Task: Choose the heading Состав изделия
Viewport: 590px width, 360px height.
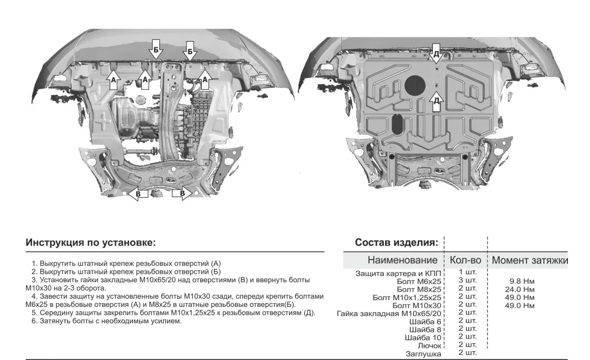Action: click(x=396, y=243)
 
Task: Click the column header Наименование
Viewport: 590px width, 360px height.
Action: click(x=402, y=260)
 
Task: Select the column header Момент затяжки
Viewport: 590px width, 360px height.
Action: click(x=530, y=260)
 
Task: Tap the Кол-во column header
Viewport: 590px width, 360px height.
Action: click(x=466, y=260)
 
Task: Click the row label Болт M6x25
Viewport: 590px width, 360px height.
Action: click(x=420, y=281)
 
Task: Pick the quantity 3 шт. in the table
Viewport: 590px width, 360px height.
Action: click(x=467, y=280)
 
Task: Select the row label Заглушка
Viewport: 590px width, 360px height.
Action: click(x=422, y=354)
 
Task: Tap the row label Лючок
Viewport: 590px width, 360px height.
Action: click(x=430, y=346)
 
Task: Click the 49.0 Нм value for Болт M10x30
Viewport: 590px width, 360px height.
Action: click(x=519, y=305)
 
